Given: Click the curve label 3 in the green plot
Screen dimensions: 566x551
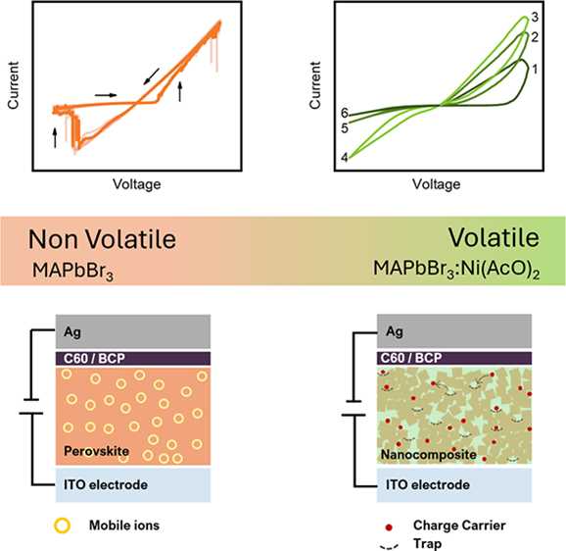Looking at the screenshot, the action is pos(535,17).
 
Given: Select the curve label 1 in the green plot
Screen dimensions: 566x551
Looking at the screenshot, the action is pos(535,69).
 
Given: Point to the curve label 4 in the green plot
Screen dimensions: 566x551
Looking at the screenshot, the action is pos(345,158).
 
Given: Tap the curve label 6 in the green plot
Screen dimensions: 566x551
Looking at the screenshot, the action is pos(345,113).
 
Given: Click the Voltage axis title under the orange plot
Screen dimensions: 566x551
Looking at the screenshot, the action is pos(137,184).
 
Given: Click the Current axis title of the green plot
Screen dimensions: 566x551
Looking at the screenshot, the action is pos(314,85).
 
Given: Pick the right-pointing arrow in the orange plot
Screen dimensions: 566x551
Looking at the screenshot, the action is pos(106,95).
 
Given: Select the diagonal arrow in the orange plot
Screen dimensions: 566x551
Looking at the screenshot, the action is pos(151,76).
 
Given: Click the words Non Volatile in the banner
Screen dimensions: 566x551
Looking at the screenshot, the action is pos(102,239).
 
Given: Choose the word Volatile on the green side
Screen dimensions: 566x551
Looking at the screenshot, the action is pos(494,238).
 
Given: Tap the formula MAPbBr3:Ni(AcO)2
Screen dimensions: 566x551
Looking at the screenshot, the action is pos(456,270).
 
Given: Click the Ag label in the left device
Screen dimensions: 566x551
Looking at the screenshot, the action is pos(72,332).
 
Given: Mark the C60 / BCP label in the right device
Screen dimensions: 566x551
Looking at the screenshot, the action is pos(411,358).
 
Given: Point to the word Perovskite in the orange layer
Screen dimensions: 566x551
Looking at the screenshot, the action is pos(96,451).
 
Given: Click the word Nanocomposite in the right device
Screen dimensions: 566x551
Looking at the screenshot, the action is pos(429,455).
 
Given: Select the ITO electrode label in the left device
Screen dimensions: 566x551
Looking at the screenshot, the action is pos(106,485).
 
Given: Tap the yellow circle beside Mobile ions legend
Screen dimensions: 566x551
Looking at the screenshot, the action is pos(62,526).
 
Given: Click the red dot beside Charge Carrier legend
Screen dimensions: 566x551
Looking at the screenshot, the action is pos(389,527).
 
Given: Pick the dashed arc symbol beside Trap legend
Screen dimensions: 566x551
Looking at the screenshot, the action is pos(389,546).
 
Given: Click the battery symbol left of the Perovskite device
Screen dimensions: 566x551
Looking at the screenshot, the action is pos(31,407).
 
